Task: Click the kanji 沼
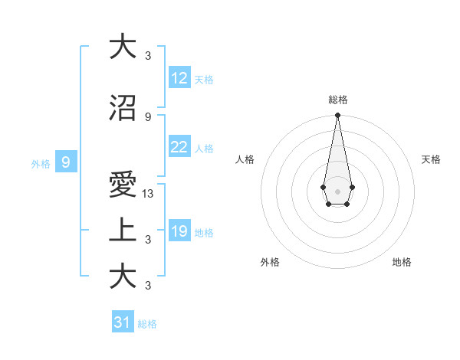[123, 108]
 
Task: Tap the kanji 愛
[123, 185]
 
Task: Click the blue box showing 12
[179, 78]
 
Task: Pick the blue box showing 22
[179, 147]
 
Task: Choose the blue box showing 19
[179, 231]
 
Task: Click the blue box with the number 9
[66, 162]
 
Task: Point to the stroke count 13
[149, 194]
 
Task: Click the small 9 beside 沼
[148, 116]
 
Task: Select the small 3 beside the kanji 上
[148, 240]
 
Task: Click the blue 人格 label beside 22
[204, 149]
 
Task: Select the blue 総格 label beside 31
[147, 324]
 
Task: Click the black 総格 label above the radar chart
[338, 100]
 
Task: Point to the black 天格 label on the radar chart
[431, 159]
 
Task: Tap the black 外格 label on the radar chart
[270, 262]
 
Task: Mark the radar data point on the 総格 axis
[337, 116]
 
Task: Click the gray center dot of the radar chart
[337, 190]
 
